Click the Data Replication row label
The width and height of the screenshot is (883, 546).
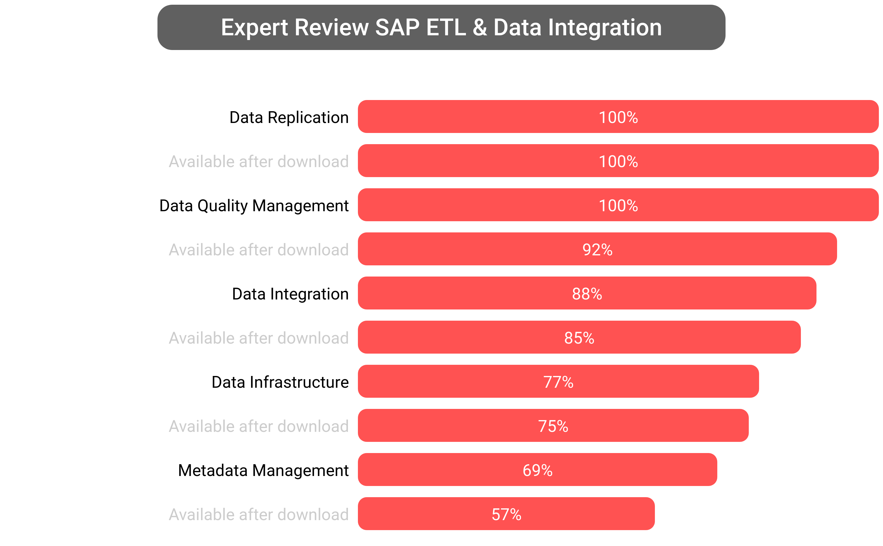[289, 117]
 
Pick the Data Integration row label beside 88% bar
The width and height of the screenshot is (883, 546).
[290, 294]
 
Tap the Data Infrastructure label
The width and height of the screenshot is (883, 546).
[280, 382]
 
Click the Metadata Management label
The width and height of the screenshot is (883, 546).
[263, 470]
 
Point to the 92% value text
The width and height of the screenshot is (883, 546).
[597, 249]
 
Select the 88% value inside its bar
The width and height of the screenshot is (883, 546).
[587, 294]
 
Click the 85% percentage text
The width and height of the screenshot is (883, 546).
[579, 338]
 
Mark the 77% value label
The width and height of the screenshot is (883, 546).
[558, 382]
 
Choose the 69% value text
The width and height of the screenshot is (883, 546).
[537, 470]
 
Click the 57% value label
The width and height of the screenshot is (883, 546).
[506, 514]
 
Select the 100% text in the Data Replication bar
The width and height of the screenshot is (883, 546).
[618, 117]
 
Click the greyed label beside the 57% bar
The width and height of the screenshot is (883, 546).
[259, 514]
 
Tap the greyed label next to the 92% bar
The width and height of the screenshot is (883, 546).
[259, 249]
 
